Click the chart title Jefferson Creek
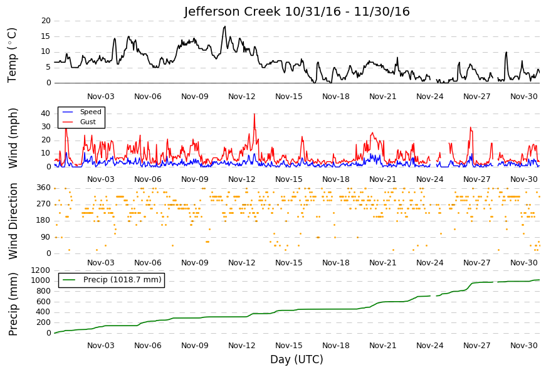(233, 11)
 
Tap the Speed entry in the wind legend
(90, 112)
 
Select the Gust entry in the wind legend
(88, 122)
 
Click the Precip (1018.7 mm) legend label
(122, 280)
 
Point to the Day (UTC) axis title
(297, 359)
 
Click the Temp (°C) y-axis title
(12, 55)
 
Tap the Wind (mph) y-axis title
(13, 138)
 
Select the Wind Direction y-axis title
(13, 221)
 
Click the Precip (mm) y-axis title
(13, 304)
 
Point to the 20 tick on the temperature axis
(46, 21)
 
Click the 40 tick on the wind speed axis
(46, 114)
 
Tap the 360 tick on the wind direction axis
(44, 188)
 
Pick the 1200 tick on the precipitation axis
(41, 270)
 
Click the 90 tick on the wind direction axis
(46, 237)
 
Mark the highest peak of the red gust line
(255, 114)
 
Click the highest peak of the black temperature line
(225, 26)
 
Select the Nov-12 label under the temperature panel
(242, 97)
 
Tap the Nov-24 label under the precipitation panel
(429, 346)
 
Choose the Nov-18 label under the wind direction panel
(335, 263)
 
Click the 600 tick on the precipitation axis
(43, 302)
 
